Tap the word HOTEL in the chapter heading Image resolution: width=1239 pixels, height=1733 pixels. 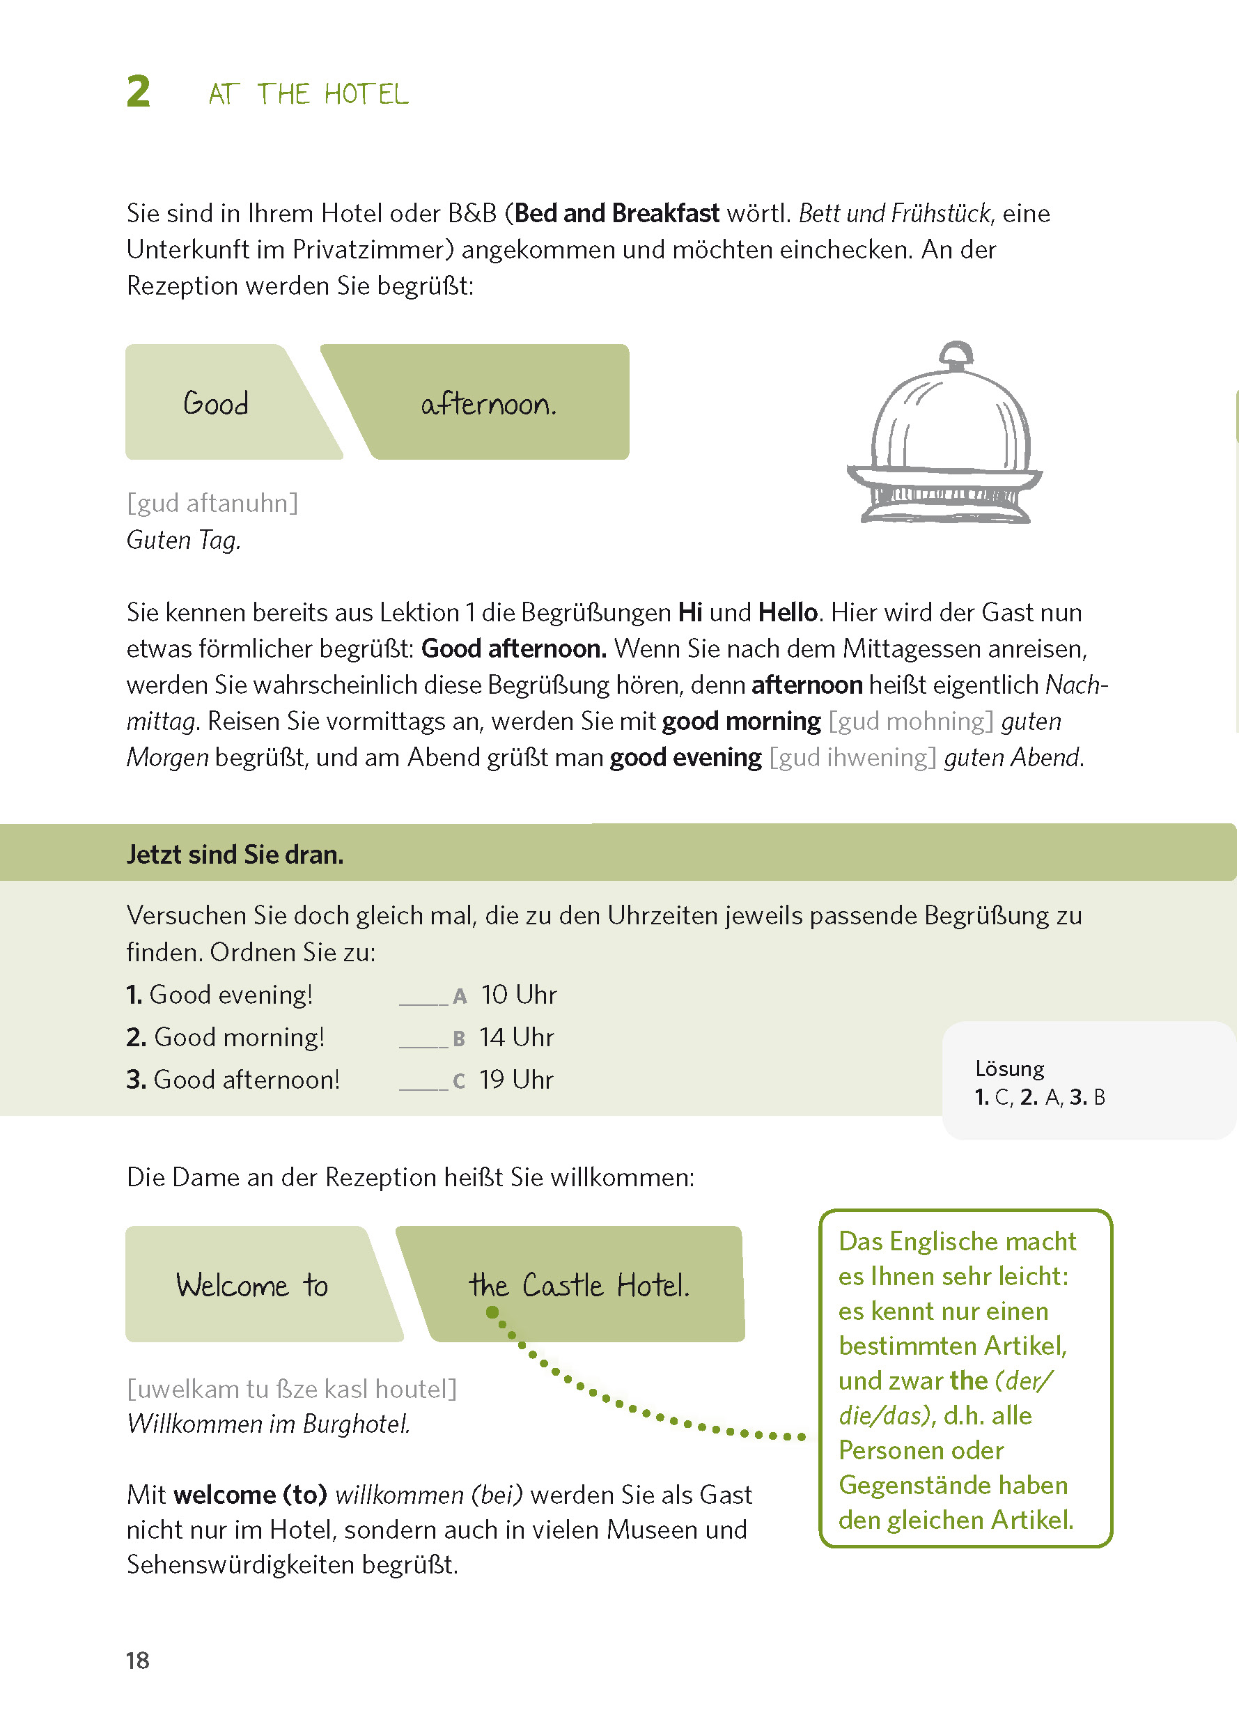click(366, 95)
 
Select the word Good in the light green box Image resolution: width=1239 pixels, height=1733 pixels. click(216, 403)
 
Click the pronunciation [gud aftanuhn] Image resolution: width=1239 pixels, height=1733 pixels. click(212, 503)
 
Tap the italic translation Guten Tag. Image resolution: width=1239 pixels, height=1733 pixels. click(183, 541)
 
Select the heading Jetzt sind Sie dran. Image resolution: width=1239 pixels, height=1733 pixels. click(235, 855)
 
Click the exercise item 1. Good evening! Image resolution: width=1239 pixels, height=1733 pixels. click(219, 995)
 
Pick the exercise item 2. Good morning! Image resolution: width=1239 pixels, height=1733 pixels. click(226, 1037)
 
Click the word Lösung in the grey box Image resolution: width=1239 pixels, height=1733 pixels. click(1009, 1068)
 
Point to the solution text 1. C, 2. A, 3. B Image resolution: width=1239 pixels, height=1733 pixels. click(1039, 1097)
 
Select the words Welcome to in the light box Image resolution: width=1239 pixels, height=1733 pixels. click(251, 1286)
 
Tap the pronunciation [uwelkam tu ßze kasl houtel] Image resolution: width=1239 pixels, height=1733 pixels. click(291, 1389)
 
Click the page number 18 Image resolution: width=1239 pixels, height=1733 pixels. click(137, 1661)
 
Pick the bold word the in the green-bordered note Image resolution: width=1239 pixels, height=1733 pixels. click(968, 1381)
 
